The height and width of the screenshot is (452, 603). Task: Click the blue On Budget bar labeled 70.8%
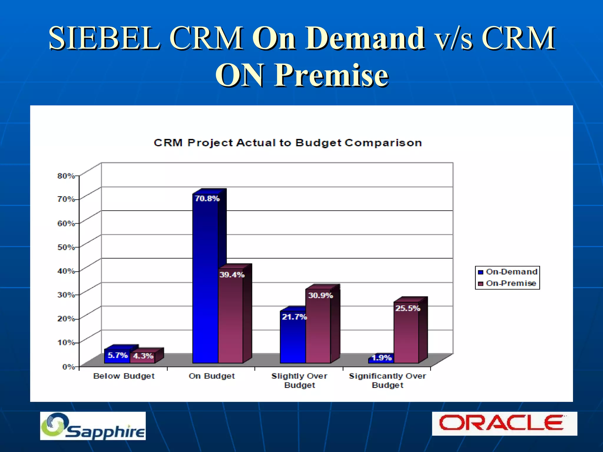205,280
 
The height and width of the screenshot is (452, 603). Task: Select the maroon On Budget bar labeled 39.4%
231,318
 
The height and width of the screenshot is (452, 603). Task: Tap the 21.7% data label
294,317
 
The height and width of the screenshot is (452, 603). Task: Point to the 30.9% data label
320,295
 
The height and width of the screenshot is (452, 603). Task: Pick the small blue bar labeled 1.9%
381,358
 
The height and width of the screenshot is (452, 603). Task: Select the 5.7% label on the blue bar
117,355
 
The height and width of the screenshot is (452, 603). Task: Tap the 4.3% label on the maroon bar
143,356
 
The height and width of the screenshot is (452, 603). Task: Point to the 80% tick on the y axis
66,176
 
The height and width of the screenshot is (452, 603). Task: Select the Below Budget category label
124,376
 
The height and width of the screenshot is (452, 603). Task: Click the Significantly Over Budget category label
387,380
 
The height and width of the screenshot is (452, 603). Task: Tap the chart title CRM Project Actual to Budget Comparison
288,143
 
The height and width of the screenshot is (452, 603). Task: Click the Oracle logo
504,423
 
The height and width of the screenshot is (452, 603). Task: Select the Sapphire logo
93,426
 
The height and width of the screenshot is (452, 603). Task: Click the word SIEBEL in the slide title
105,38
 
